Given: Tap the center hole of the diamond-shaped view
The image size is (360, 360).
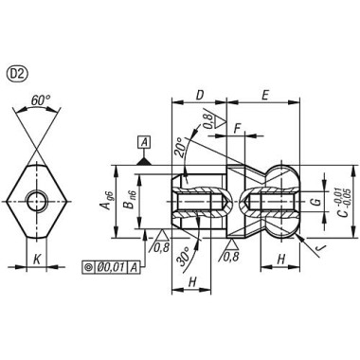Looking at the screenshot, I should click(36, 201).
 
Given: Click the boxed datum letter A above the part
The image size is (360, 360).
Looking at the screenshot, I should click(144, 142).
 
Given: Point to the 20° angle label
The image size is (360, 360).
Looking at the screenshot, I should click(180, 147).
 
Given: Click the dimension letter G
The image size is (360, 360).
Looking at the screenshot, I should click(314, 202).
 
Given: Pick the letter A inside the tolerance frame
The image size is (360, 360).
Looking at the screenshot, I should click(136, 267).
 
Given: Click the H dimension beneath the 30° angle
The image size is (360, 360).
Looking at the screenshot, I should click(193, 283).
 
